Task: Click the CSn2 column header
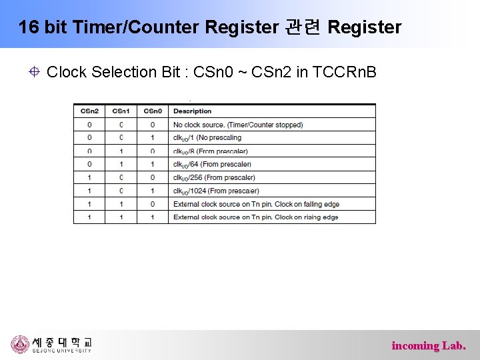(89, 111)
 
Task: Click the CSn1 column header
(121, 111)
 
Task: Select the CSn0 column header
(152, 111)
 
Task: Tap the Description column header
(192, 111)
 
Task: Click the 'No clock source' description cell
(237, 125)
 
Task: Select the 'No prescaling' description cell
(207, 138)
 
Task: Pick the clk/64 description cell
(212, 164)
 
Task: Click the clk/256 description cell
(214, 177)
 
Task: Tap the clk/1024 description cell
(216, 191)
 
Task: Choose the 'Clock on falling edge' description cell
(256, 204)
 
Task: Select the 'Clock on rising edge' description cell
(255, 217)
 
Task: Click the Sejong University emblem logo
(20, 345)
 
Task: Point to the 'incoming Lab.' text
(429, 345)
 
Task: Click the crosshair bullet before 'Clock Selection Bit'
(34, 72)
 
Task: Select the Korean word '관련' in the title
(303, 27)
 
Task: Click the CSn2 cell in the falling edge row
(89, 204)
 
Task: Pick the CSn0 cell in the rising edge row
(152, 217)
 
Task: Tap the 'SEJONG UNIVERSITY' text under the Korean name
(62, 351)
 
